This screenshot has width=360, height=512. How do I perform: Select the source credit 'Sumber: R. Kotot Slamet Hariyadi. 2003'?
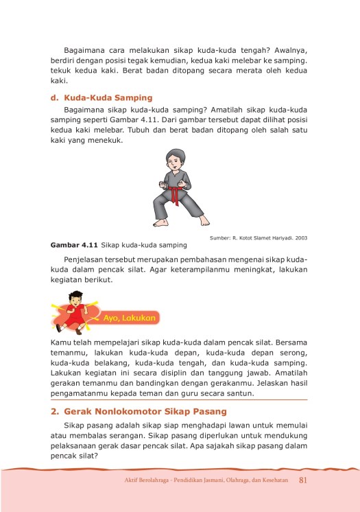[x=259, y=237]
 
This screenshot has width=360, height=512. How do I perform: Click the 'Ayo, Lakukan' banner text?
[x=132, y=318]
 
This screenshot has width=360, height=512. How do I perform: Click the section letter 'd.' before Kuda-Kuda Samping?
[x=55, y=97]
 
